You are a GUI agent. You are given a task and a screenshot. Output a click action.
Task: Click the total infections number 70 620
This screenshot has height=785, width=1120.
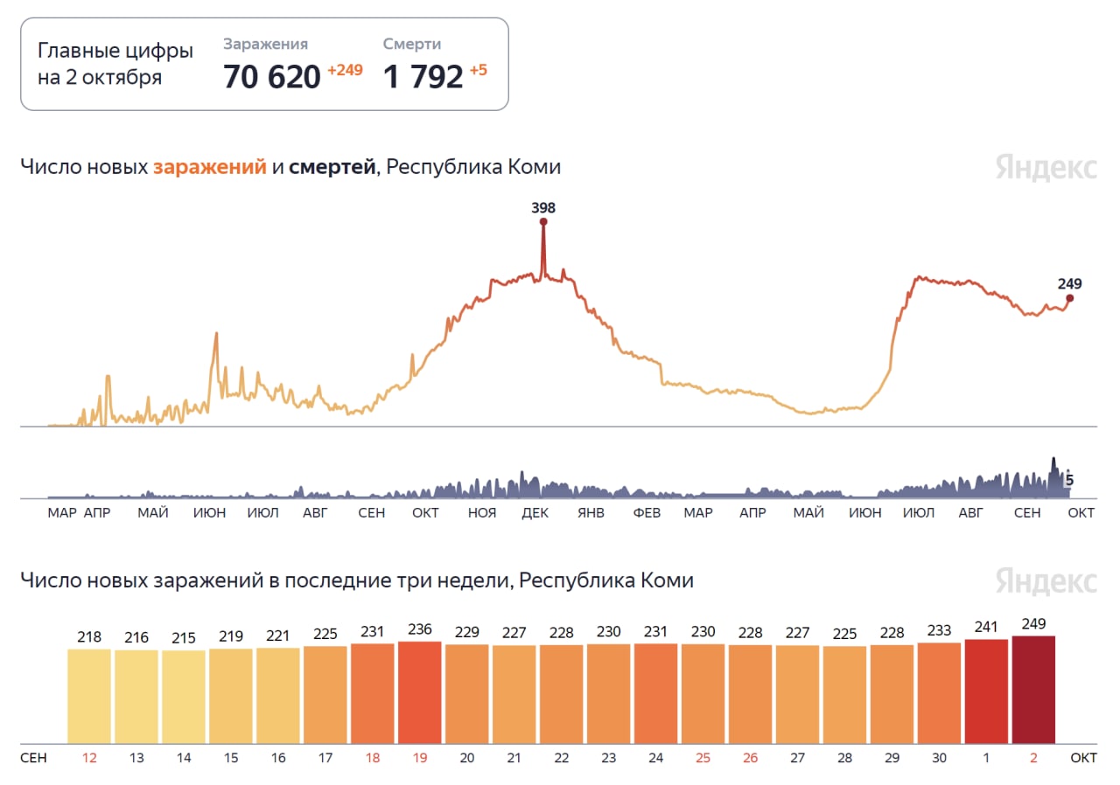272,77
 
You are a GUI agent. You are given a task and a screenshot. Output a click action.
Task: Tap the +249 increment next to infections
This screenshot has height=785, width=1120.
345,70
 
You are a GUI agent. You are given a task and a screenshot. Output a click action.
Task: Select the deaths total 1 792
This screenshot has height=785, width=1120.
423,77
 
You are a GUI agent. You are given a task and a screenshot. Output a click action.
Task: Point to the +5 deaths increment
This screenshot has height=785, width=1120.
479,70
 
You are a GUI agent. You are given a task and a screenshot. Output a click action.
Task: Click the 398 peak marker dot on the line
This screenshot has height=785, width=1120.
543,222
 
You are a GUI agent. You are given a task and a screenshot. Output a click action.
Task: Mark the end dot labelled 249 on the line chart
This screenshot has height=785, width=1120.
1069,298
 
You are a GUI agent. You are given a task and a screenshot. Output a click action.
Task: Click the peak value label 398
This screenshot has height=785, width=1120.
543,208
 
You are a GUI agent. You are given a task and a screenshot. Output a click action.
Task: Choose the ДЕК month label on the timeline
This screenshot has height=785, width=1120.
535,513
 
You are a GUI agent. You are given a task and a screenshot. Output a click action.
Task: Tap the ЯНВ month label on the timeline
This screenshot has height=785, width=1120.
591,513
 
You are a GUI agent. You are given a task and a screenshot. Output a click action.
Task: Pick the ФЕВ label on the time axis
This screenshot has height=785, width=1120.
647,513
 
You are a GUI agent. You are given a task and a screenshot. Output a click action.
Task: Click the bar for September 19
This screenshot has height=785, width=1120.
419,692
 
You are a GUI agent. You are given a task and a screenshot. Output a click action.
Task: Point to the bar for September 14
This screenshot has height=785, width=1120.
184,697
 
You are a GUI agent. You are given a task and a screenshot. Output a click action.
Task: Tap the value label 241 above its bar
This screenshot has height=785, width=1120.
986,626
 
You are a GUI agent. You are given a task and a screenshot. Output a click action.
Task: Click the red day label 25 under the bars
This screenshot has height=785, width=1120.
703,758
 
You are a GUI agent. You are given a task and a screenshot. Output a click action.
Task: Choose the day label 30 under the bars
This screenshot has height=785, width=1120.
939,758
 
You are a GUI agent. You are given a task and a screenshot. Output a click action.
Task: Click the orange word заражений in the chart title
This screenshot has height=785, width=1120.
210,167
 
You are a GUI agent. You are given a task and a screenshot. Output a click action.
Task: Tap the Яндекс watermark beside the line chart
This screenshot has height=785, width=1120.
1046,167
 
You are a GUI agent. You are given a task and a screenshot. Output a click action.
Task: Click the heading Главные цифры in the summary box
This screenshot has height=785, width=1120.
115,51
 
